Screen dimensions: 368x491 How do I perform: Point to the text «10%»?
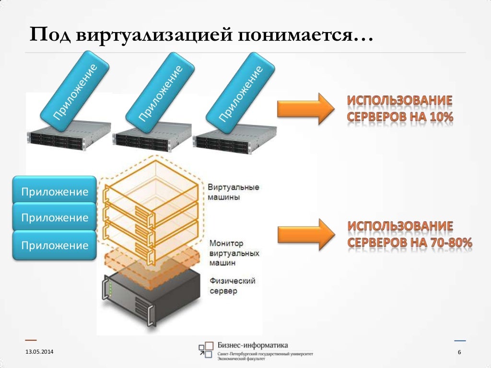click(441, 117)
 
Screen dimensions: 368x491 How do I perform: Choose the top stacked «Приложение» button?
click(54, 192)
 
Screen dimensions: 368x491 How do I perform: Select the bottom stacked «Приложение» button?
click(54, 245)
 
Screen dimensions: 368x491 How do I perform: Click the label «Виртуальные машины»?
click(234, 192)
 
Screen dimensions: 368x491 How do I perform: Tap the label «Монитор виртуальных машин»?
click(234, 253)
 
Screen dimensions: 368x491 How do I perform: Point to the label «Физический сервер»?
click(232, 285)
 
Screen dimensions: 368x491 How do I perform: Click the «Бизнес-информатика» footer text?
click(252, 345)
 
